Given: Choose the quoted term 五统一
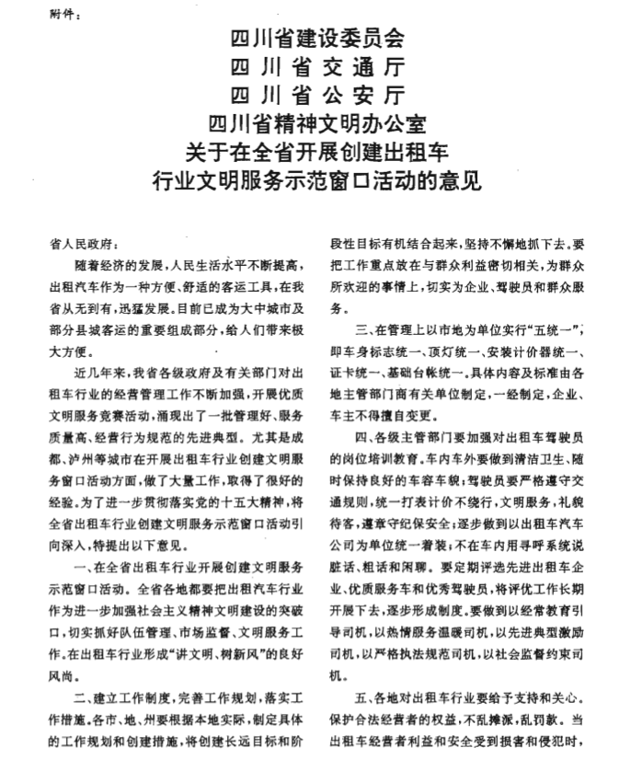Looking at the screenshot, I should (x=560, y=329).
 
